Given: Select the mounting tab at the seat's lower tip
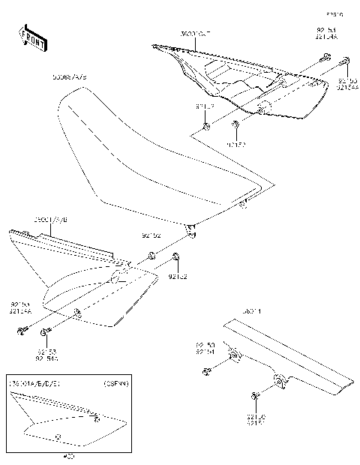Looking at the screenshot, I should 191,229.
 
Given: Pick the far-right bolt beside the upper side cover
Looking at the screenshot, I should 346,62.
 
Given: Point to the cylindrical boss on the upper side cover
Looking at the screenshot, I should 263,109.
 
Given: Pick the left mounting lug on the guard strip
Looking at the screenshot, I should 232,355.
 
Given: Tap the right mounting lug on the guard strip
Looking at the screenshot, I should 280,382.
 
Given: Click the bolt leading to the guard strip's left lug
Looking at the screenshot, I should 205,370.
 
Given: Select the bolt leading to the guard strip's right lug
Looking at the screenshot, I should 255,394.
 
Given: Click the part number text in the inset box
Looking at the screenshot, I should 34,383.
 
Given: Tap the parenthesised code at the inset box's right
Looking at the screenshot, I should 115,383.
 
